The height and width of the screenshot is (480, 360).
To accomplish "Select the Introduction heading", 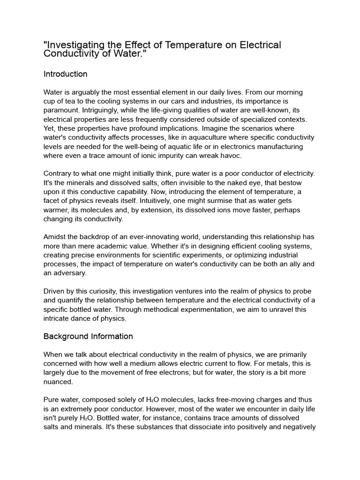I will click(x=65, y=74).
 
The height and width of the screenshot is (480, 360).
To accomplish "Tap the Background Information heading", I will click(x=88, y=336).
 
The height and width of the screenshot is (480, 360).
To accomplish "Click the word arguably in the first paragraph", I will click(x=90, y=92).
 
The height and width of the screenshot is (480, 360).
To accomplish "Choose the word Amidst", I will click(x=56, y=237).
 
